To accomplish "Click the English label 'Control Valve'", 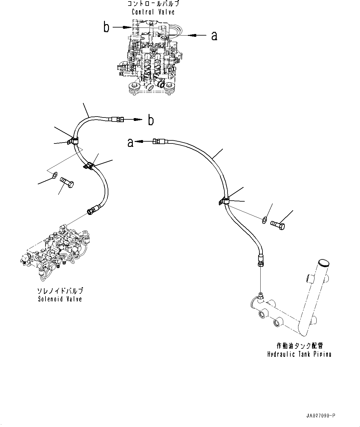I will (x=153, y=12).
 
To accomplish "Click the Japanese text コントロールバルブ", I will (x=153, y=4).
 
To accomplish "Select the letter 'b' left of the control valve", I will (x=106, y=27).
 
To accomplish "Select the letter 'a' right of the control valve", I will (x=214, y=36).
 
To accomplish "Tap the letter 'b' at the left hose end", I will (x=150, y=120).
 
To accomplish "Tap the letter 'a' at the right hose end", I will (x=131, y=143).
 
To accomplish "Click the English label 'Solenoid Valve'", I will (x=60, y=299).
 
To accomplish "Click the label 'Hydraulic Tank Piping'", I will (x=299, y=354).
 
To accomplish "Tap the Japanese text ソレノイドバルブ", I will (x=60, y=291).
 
